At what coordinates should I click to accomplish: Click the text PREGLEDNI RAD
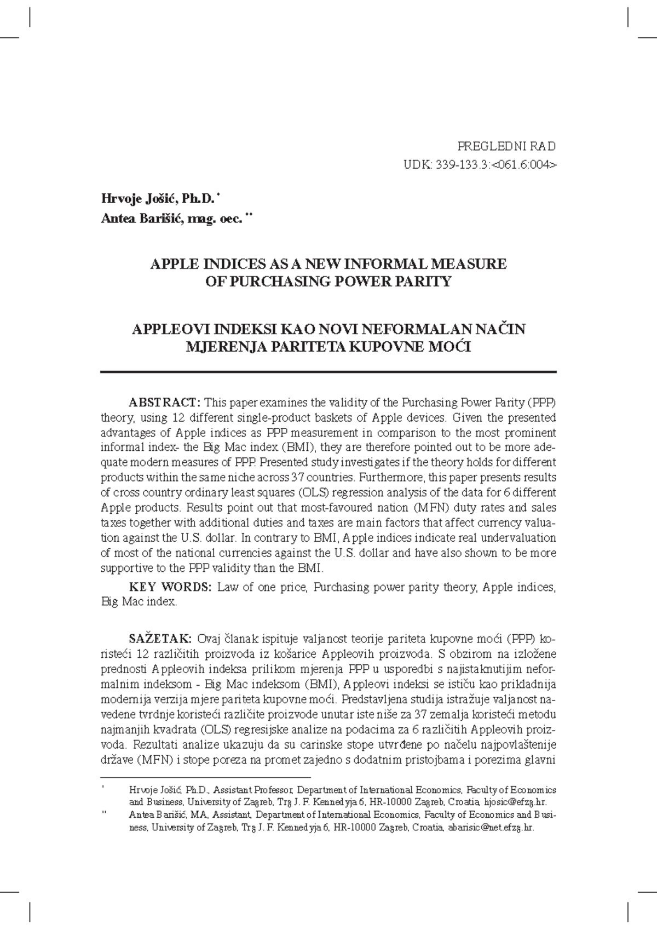506,146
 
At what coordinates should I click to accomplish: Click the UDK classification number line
480,164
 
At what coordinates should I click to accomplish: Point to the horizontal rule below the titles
328,372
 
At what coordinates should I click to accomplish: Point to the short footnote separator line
205,777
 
